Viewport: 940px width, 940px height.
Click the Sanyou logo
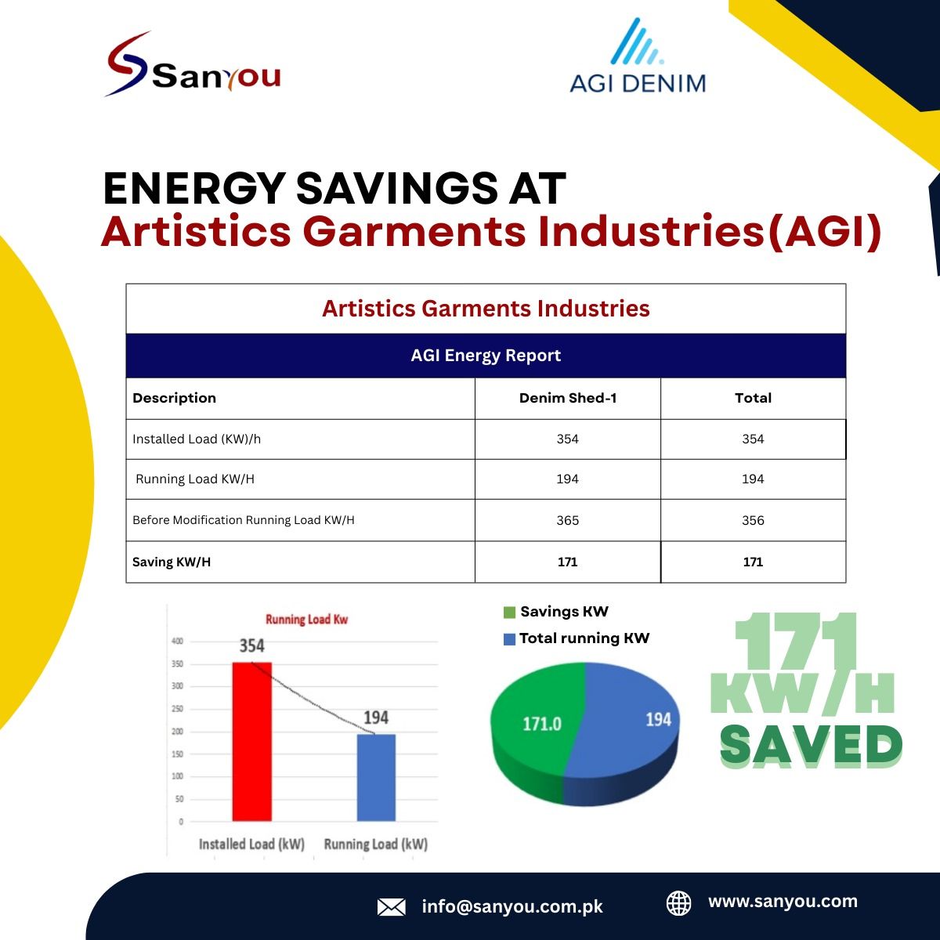192,64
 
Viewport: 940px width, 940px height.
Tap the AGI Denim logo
638,56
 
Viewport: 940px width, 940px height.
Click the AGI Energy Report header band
486,356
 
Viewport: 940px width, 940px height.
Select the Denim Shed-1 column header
568,398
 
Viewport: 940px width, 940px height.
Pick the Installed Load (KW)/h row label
197,439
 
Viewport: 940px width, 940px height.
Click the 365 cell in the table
568,520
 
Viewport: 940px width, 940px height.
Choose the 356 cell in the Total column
753,520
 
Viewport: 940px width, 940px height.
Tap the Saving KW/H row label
172,562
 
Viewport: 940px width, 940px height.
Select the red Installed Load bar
251,742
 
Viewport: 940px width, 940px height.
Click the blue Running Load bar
376,778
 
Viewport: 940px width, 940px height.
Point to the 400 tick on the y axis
178,641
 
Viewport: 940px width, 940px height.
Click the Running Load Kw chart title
307,620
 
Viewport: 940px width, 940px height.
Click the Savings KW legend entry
556,612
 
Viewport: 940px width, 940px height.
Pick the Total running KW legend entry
577,638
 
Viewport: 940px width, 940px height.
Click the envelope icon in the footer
391,907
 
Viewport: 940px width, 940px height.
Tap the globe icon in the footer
679,903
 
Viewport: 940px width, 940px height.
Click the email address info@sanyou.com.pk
512,907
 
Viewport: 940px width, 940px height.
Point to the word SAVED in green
812,746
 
